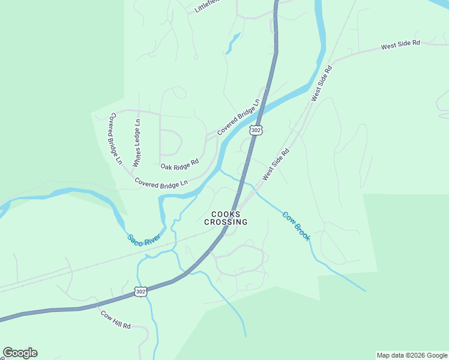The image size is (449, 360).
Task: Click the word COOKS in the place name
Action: (x=226, y=214)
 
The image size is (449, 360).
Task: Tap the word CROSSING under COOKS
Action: (x=226, y=222)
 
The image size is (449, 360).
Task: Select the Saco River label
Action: (x=143, y=238)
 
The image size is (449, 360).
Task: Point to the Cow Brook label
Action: (x=297, y=226)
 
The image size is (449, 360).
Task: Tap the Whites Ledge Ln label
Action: (x=137, y=143)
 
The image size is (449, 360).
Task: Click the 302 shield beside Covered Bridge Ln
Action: (x=256, y=130)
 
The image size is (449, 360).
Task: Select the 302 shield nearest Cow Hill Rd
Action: (x=140, y=292)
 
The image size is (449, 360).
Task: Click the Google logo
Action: (x=20, y=353)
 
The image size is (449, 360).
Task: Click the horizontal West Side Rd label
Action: (x=400, y=46)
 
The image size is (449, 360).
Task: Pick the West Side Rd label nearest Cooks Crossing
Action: (x=276, y=165)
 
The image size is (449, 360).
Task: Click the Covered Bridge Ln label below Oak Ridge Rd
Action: (x=161, y=182)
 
